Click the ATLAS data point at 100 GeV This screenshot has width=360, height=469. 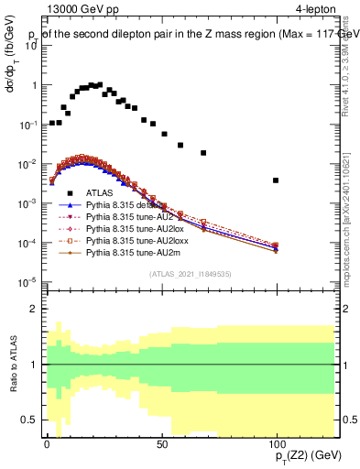click(276, 180)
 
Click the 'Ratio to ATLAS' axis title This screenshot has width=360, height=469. click(13, 363)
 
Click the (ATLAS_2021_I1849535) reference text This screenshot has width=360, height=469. click(191, 274)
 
